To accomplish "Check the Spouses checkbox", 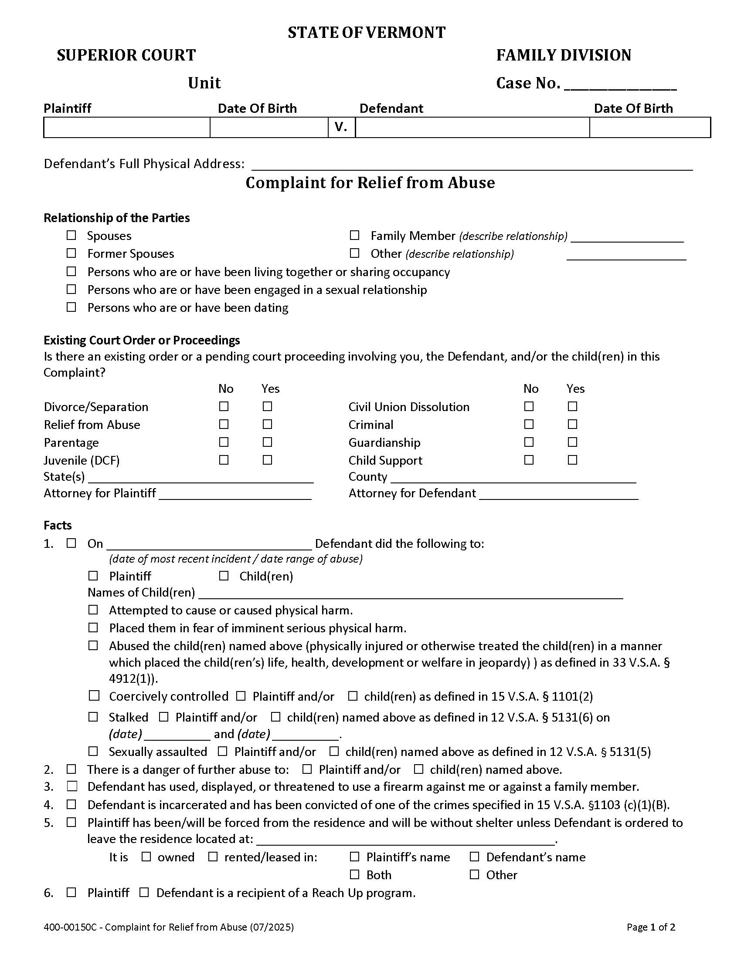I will (x=71, y=236).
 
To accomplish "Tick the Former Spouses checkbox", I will (x=71, y=253).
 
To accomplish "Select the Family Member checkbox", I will (x=354, y=236).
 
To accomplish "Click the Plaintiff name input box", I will (x=126, y=128).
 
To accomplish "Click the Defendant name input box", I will (x=472, y=128).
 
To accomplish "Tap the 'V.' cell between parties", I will (x=341, y=128).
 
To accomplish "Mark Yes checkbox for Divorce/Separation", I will (x=267, y=407).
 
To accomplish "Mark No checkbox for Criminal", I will (x=529, y=424).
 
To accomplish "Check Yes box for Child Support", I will (x=572, y=460).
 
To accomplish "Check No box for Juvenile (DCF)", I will (x=224, y=460).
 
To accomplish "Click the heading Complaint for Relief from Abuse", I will (x=370, y=182).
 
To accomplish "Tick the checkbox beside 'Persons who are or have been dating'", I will (x=71, y=307).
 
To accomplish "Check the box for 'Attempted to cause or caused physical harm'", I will (x=93, y=610).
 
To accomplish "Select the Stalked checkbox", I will (x=93, y=717).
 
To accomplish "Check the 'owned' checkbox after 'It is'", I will (x=146, y=857).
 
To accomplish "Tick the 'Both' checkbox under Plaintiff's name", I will (x=354, y=875).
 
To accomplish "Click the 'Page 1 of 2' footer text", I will (x=651, y=927).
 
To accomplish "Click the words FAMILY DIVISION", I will (x=564, y=55).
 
